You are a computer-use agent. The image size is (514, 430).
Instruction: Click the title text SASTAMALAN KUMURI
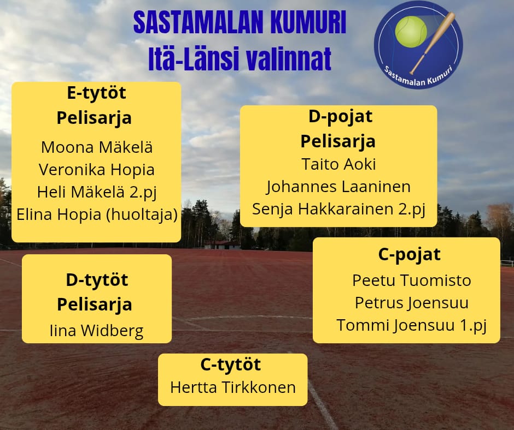240,22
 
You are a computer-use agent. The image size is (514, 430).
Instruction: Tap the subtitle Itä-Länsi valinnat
240,59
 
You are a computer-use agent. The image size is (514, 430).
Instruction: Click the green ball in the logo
411,32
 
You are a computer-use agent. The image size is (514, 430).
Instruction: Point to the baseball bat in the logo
433,43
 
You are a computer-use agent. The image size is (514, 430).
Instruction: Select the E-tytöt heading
96,93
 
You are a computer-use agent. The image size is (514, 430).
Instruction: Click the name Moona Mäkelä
97,147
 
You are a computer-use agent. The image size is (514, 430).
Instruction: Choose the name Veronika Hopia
96,170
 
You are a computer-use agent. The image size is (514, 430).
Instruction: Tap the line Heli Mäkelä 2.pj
97,193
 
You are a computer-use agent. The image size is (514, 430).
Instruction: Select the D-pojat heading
340,117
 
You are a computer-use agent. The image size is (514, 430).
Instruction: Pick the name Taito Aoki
338,164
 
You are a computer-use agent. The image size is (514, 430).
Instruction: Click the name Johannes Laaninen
338,187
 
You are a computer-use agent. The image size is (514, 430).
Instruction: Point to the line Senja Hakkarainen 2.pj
338,210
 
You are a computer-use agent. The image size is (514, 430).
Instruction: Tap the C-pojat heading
409,255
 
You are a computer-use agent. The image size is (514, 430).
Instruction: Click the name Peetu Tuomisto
411,280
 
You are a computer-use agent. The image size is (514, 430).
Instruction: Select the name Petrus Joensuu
411,303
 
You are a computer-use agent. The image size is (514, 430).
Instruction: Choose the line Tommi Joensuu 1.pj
411,326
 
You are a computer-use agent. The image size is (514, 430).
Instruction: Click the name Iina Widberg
96,331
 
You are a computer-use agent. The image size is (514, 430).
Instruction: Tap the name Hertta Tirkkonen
233,387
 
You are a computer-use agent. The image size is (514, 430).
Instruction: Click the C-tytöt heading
230,365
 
